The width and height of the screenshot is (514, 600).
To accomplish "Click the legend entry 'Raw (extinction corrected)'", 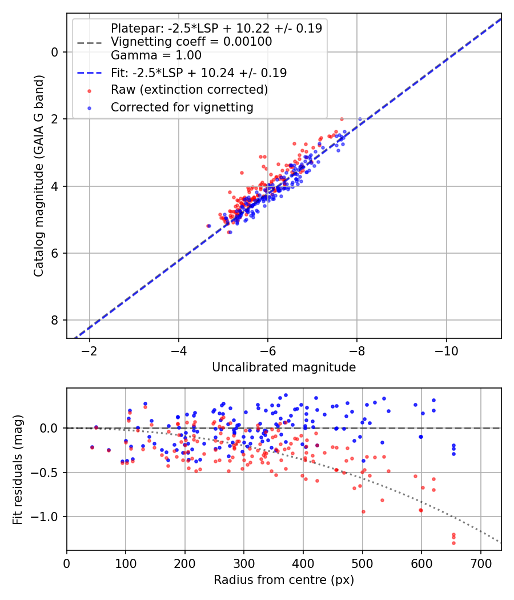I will pyautogui.click(x=189, y=90).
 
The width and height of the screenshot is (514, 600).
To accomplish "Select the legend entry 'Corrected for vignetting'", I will pyautogui.click(x=182, y=107).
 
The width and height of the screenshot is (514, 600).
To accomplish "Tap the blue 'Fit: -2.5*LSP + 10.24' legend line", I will pyautogui.click(x=90, y=73).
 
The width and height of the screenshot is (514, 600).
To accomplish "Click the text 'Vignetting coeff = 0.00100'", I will pyautogui.click(x=191, y=42).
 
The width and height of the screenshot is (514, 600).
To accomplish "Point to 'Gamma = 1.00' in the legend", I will pyautogui.click(x=155, y=55).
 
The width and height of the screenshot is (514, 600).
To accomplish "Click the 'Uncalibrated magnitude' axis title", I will pyautogui.click(x=284, y=367).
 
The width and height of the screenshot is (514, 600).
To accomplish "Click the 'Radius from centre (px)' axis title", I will pyautogui.click(x=284, y=580).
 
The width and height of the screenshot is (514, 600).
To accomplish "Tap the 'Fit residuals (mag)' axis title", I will pyautogui.click(x=18, y=469).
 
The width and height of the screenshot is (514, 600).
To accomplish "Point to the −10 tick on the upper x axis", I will pyautogui.click(x=446, y=350).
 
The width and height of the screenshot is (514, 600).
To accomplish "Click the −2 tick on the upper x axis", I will pyautogui.click(x=90, y=350).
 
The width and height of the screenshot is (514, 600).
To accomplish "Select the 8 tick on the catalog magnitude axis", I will pyautogui.click(x=55, y=320).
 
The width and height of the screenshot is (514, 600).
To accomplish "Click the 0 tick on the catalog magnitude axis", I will pyautogui.click(x=55, y=52).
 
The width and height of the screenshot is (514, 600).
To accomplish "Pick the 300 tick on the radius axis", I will pyautogui.click(x=244, y=563).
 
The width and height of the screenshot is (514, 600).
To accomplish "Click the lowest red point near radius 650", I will pyautogui.click(x=453, y=542).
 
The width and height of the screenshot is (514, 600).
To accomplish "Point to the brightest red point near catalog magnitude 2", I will pyautogui.click(x=342, y=119).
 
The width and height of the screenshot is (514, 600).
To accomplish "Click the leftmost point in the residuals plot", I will pyautogui.click(x=92, y=447).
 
